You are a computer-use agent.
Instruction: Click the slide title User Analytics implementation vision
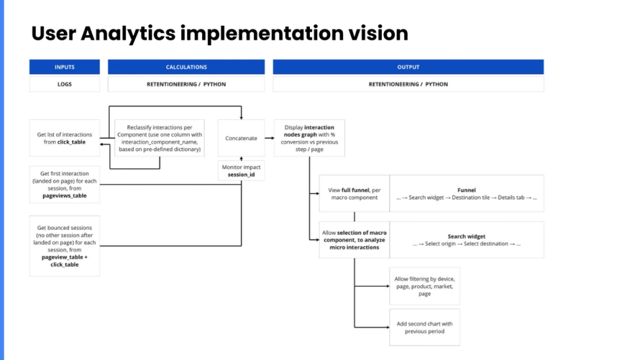coord(220,33)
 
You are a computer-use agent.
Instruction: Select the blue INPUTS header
coord(65,67)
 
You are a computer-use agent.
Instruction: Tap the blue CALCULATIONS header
coord(186,67)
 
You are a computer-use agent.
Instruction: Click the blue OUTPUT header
coord(408,67)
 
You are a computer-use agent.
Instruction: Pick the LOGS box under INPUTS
coord(65,84)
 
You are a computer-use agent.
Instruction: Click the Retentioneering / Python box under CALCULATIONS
coord(186,84)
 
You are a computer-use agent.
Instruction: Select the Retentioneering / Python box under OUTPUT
coord(408,84)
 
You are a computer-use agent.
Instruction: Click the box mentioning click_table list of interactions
coord(65,138)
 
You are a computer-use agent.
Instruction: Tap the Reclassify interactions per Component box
coord(159,138)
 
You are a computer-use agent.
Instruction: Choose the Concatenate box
coord(241,138)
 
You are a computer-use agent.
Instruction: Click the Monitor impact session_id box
coord(241,171)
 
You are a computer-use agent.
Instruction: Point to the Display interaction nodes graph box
coord(309,138)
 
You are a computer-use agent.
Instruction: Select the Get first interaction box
coord(65,184)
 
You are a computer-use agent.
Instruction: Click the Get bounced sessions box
coord(65,246)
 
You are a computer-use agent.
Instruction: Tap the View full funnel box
coord(354,193)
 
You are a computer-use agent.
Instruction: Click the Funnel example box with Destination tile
coord(466,193)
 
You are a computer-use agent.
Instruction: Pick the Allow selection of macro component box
coord(354,240)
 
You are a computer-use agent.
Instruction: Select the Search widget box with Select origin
coord(466,240)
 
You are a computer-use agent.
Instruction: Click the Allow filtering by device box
coord(424,285)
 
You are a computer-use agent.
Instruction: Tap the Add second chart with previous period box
coord(424,327)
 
